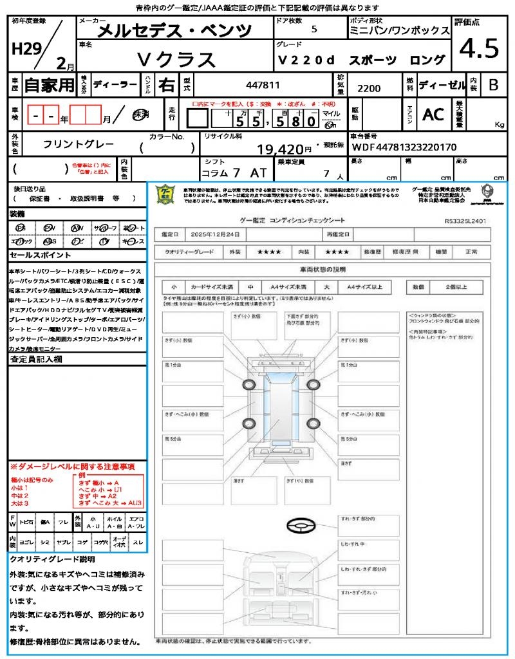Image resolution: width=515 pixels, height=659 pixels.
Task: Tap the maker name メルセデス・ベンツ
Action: click(x=174, y=30)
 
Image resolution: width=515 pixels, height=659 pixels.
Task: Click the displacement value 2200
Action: click(x=368, y=88)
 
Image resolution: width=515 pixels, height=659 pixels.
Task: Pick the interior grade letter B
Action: click(x=493, y=84)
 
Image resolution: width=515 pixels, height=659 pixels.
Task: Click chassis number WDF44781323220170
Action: click(x=404, y=147)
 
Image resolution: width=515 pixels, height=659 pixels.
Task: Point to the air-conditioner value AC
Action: click(x=433, y=114)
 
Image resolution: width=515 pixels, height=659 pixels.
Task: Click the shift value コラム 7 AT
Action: click(x=232, y=172)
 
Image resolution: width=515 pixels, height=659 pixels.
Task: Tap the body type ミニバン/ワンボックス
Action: click(x=399, y=30)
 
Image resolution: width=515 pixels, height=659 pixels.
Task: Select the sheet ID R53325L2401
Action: click(x=465, y=220)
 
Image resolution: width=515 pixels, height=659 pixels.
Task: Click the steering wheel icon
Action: click(x=298, y=526)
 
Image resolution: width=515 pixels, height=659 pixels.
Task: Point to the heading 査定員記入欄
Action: click(x=36, y=360)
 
